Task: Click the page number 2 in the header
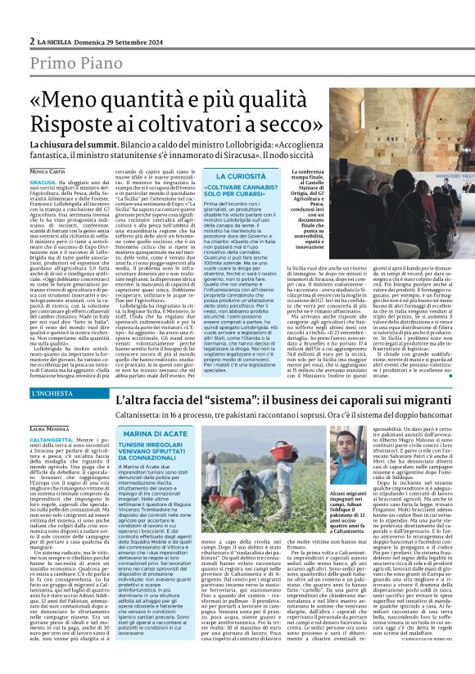click(x=32, y=41)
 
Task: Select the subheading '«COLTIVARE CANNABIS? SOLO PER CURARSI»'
click(x=244, y=193)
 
